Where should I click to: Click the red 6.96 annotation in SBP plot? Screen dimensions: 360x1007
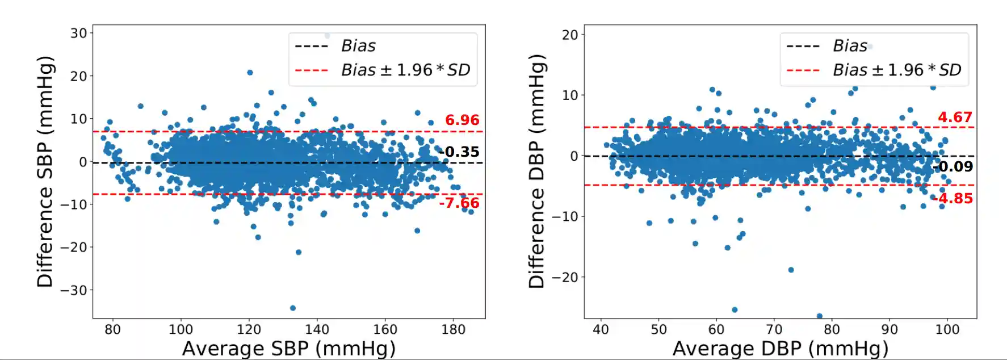(x=461, y=120)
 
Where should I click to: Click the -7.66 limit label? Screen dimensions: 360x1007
(x=459, y=203)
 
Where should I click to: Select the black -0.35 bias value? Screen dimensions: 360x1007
(x=460, y=152)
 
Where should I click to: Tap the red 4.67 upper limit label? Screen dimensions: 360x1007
(x=955, y=118)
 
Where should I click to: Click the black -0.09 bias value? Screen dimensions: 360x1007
(x=954, y=167)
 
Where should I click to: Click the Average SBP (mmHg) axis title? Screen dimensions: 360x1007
(x=288, y=348)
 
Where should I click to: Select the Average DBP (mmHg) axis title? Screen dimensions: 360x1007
(x=780, y=348)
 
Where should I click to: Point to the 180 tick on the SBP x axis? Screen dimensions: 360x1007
(x=453, y=329)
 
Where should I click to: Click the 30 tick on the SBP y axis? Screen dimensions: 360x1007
(x=78, y=34)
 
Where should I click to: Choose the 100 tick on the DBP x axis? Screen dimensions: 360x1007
(x=947, y=329)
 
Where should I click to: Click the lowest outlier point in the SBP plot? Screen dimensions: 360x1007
(x=293, y=308)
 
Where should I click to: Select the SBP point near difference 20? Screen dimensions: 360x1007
(x=250, y=73)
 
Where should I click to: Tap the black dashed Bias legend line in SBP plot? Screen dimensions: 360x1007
(x=312, y=47)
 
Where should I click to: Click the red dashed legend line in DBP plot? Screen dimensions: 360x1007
(x=803, y=71)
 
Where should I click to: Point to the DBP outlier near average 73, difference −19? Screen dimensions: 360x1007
(x=791, y=270)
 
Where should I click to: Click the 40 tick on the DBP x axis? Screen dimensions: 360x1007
(x=601, y=329)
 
